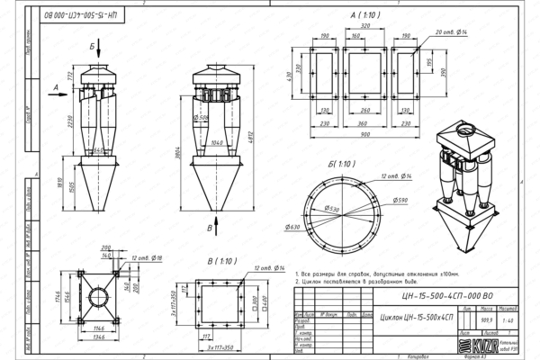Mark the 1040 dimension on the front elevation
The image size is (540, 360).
tap(217, 142)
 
